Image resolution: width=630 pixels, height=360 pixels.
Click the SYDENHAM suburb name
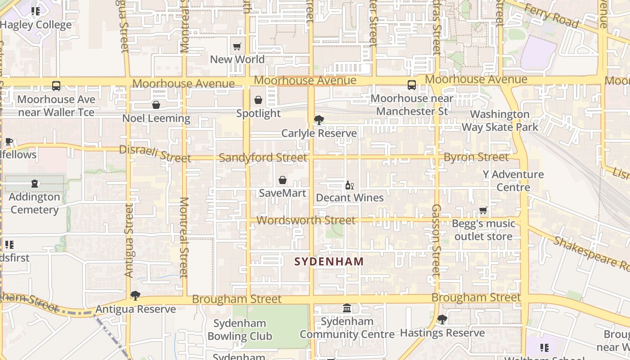click(329, 261)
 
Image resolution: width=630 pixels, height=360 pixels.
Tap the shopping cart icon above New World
click(237, 46)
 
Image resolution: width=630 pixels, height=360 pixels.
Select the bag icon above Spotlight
click(258, 100)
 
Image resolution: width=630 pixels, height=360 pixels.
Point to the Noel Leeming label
click(156, 118)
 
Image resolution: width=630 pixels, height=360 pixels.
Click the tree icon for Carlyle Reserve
click(319, 120)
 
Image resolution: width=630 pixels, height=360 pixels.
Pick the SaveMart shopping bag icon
click(283, 180)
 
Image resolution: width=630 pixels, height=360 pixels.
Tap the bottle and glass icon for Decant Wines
click(349, 185)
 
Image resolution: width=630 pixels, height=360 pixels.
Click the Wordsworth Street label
click(306, 220)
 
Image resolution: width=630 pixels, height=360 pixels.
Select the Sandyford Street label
click(263, 157)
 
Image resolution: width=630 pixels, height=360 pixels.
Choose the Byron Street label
click(476, 157)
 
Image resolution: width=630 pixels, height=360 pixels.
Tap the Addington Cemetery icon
click(35, 184)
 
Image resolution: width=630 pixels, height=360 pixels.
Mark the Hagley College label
click(36, 25)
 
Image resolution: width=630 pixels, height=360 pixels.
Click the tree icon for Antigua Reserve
click(135, 296)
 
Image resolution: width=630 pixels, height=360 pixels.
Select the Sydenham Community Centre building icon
click(347, 308)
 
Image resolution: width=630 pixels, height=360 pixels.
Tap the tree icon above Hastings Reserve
click(442, 319)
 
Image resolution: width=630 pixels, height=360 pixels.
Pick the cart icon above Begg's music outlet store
click(483, 210)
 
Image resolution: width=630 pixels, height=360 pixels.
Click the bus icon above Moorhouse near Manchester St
click(412, 85)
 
